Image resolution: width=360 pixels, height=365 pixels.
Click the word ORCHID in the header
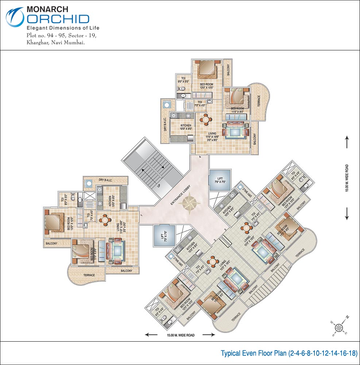pyautogui.click(x=58, y=19)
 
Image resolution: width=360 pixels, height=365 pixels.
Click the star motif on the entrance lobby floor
pyautogui.click(x=190, y=204)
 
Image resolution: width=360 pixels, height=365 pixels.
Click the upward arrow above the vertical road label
pyautogui.click(x=347, y=141)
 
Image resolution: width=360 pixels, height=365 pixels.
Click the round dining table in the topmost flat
pyautogui.click(x=206, y=119)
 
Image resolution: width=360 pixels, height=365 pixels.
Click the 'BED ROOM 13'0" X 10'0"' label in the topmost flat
pyautogui.click(x=206, y=86)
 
